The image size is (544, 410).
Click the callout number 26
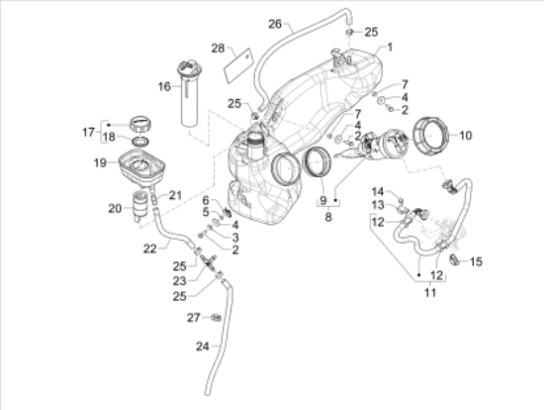pos(275,25)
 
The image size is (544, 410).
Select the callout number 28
pos(219,49)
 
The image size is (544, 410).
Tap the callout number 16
pos(164,86)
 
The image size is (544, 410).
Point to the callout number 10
pos(465,135)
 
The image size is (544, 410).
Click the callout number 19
pos(100,162)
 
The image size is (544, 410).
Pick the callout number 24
pos(203,347)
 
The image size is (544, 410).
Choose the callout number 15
pos(476,261)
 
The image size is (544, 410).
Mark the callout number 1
pos(390,47)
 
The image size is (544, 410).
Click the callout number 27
pos(194,318)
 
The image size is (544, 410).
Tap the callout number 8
pos(328,217)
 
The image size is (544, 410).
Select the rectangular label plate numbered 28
pos(238,65)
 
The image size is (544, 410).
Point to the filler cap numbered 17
pos(141,124)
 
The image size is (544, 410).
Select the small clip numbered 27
pos(217,318)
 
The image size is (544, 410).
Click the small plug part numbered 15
pos(455,259)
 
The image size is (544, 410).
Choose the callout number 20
pos(115,209)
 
